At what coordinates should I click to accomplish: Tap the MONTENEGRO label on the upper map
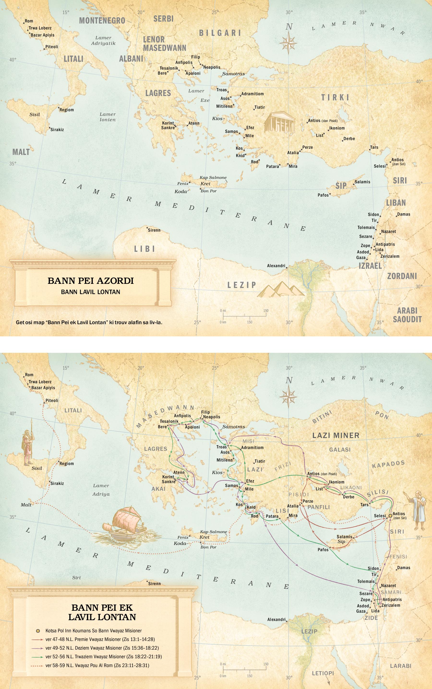coord(102,21)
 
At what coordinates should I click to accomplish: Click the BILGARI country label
coord(220,33)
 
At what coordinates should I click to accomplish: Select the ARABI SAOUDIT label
coord(407,315)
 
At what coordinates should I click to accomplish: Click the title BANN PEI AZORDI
coord(90,281)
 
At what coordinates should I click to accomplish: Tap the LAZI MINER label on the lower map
coord(336,435)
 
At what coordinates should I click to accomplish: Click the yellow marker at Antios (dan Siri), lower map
coord(390,516)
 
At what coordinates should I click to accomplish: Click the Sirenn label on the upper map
coord(154,230)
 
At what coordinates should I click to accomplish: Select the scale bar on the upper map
coord(244,316)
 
